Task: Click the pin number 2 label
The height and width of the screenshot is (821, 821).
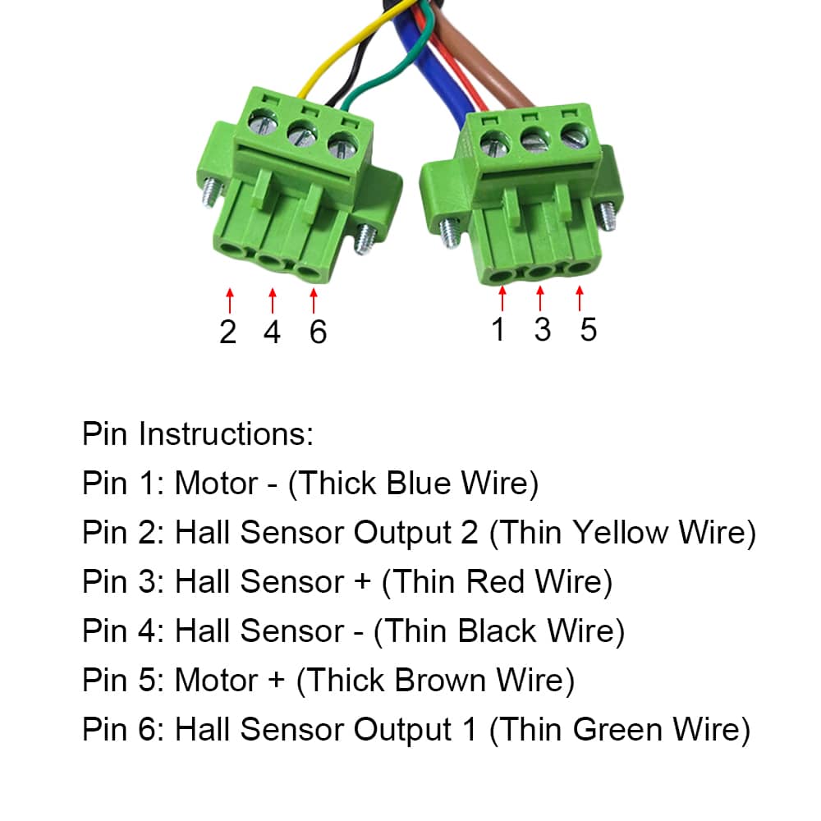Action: (227, 332)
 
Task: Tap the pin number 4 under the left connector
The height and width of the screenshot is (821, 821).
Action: (272, 332)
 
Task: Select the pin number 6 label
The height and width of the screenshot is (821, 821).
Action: (318, 332)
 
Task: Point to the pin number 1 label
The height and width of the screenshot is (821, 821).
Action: (498, 329)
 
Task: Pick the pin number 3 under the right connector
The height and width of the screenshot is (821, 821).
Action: (542, 329)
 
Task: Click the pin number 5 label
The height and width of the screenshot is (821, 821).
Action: (588, 329)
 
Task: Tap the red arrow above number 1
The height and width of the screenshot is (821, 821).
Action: (502, 298)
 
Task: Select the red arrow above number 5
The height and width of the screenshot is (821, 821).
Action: (580, 298)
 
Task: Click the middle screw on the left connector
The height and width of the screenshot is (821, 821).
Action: (300, 135)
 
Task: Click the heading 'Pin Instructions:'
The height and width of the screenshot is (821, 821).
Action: (198, 433)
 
